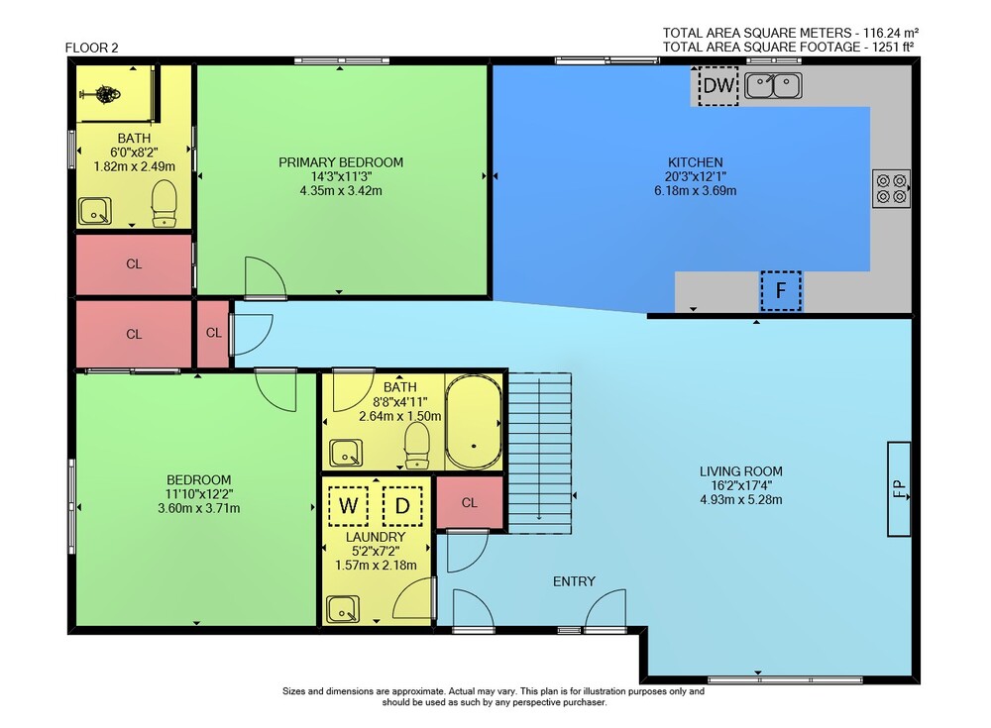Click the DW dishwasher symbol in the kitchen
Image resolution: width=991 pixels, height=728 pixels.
coord(718,86)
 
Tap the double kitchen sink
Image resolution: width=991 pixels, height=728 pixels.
coord(774,86)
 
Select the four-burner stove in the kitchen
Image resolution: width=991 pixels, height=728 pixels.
coord(892,188)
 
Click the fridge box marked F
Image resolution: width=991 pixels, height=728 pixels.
coord(781,291)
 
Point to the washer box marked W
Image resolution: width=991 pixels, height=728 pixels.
coord(348,505)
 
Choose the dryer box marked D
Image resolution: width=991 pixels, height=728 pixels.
coord(402,505)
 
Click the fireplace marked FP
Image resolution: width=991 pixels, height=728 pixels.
coord(899,488)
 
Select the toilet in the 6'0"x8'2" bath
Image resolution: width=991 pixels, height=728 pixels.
coord(165,203)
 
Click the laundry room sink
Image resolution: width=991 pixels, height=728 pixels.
coord(343,609)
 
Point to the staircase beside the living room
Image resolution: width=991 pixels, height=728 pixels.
coord(540,453)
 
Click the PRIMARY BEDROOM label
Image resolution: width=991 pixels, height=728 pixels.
coord(341,162)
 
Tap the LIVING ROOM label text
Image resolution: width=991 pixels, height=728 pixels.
coord(740,471)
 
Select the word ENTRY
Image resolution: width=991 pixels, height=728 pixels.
coord(574,581)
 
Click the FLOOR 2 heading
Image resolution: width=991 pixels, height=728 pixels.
coord(91,48)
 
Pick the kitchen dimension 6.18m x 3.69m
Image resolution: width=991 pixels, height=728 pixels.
coord(696,191)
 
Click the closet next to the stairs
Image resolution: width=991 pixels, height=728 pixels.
coord(470,502)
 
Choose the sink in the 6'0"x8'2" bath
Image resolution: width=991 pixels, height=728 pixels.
coord(95,211)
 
